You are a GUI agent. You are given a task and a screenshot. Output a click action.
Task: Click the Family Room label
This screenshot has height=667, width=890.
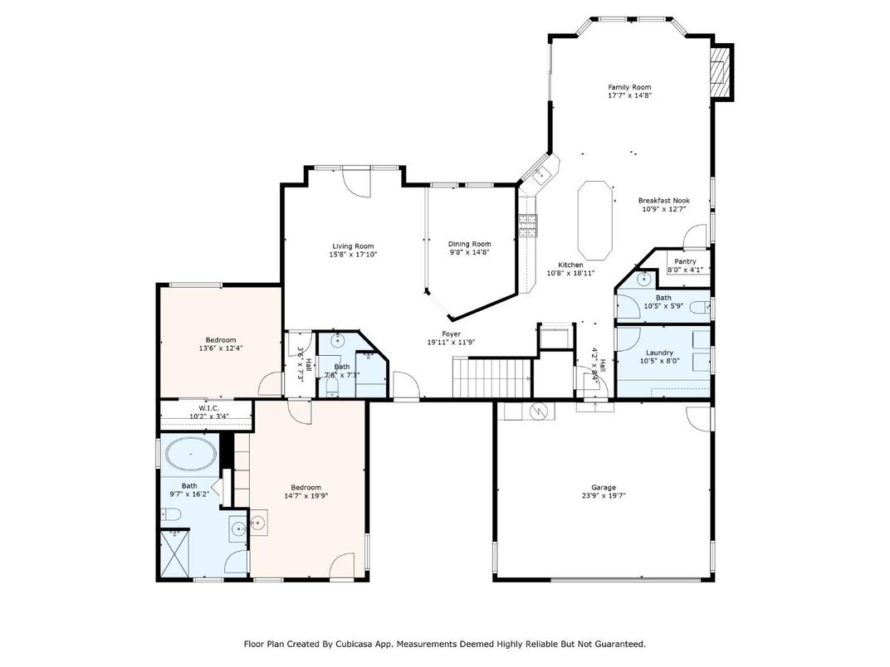[x=629, y=87]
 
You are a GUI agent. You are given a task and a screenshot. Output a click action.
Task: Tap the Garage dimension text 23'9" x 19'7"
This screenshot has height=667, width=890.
[x=604, y=495]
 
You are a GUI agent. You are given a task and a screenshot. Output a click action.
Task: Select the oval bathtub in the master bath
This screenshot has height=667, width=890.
[x=191, y=453]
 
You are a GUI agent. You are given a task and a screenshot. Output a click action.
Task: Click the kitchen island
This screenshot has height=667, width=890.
[x=594, y=220]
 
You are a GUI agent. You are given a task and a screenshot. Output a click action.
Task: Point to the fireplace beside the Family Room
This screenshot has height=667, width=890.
[x=721, y=72]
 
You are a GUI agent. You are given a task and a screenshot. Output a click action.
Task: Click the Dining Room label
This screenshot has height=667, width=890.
[x=469, y=244]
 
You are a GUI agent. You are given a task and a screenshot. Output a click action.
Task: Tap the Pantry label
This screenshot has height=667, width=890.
[x=685, y=261]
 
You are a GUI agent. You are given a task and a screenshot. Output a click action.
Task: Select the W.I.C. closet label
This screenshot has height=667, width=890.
[x=205, y=408]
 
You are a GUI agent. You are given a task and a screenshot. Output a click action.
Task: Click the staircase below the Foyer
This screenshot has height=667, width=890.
[x=491, y=377]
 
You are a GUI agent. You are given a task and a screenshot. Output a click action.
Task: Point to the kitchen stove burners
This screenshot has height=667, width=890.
[x=528, y=226]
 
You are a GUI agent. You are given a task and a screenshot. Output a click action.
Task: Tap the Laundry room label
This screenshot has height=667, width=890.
[x=659, y=353]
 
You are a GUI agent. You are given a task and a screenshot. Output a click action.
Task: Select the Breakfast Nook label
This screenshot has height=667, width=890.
[x=664, y=201]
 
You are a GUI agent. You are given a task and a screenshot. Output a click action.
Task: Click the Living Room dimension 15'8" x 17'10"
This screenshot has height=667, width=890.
[x=353, y=255]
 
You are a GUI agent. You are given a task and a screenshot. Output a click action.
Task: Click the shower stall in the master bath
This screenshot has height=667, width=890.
[x=175, y=553]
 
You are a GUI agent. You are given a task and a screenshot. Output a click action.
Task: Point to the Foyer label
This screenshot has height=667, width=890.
[x=452, y=334]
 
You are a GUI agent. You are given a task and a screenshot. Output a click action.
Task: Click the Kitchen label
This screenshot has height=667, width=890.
[x=570, y=265]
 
